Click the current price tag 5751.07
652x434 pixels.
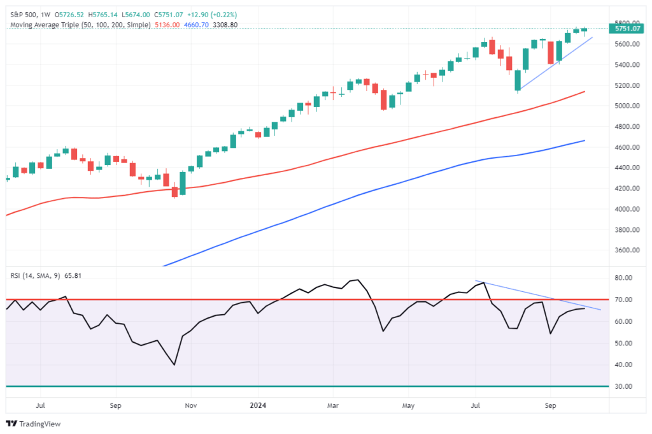point(627,29)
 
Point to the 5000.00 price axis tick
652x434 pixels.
point(627,106)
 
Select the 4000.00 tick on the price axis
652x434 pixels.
point(627,209)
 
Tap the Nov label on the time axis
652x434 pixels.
point(189,405)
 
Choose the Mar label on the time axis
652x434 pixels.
point(332,405)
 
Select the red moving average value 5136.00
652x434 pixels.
point(167,24)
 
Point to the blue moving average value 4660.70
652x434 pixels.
point(195,24)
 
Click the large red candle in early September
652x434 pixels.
point(551,52)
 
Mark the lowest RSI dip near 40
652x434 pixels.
point(174,365)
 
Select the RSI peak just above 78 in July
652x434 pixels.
point(485,282)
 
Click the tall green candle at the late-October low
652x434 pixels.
point(182,183)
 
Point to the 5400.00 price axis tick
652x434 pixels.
point(627,65)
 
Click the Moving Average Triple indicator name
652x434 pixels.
point(48,24)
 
